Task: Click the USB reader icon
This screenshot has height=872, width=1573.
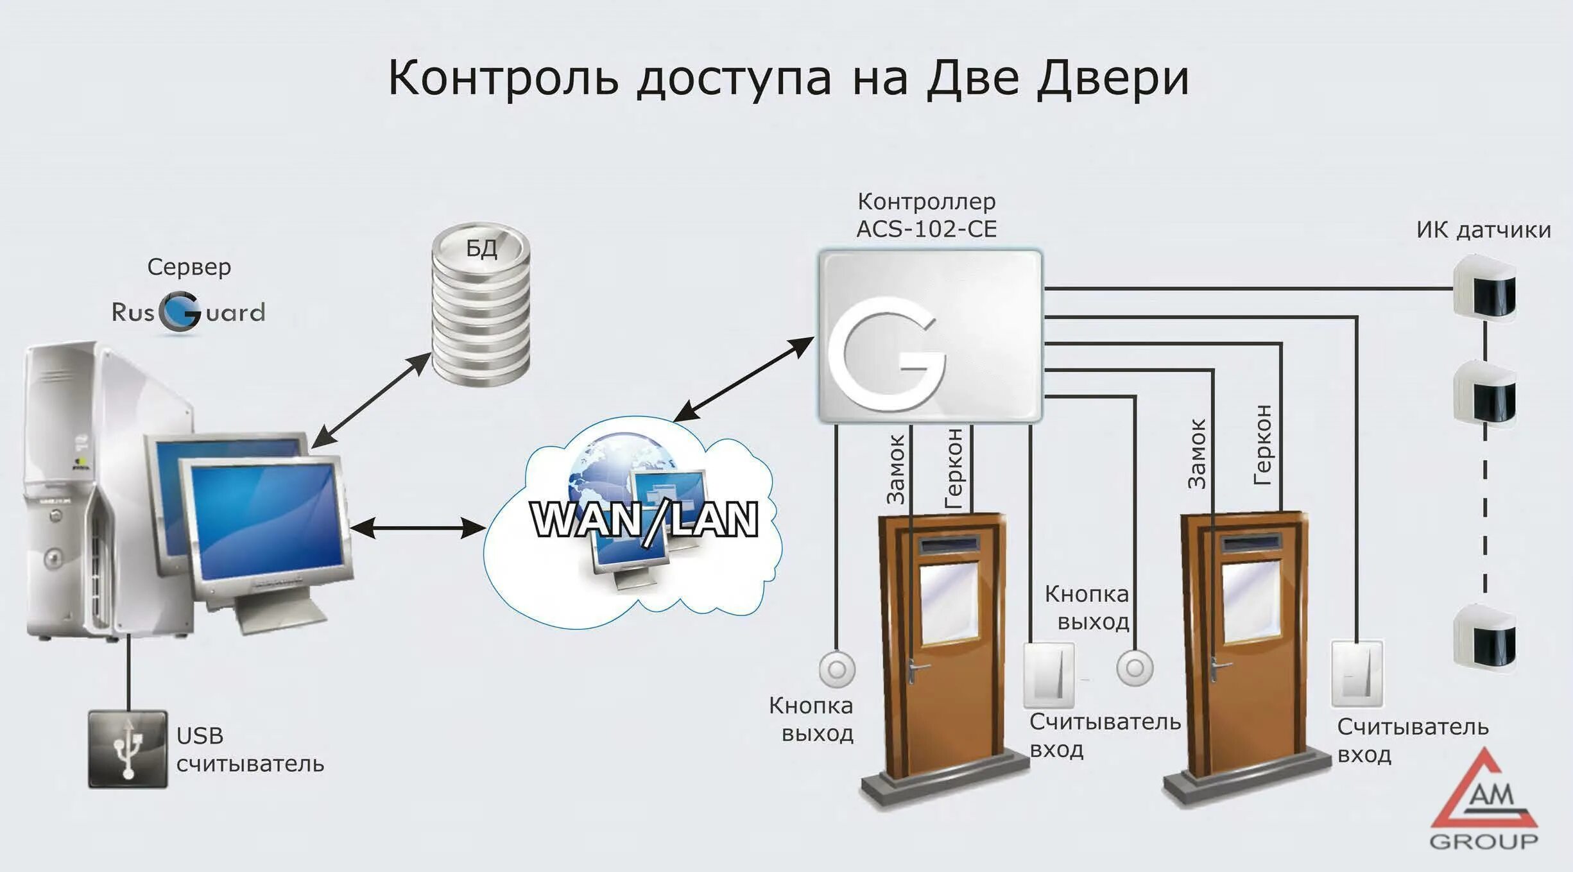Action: pyautogui.click(x=128, y=749)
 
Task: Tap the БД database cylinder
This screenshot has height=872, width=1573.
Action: pyautogui.click(x=481, y=305)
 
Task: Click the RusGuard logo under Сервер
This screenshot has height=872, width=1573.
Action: pyautogui.click(x=187, y=312)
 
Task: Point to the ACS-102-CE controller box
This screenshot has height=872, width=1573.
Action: pyautogui.click(x=930, y=336)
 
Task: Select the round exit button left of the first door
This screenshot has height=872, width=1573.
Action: pyautogui.click(x=837, y=669)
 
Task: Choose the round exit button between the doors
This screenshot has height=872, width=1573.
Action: pyautogui.click(x=1135, y=668)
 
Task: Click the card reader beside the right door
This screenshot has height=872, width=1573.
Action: pyautogui.click(x=1357, y=673)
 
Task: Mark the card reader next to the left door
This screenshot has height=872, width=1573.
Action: pyautogui.click(x=1048, y=674)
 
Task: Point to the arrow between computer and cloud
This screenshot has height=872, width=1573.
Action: pyautogui.click(x=417, y=528)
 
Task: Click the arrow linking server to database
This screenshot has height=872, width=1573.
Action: pyautogui.click(x=370, y=400)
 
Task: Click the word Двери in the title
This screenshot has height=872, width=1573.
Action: pyautogui.click(x=1112, y=78)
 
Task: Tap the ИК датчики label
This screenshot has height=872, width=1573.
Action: pyautogui.click(x=1483, y=230)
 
